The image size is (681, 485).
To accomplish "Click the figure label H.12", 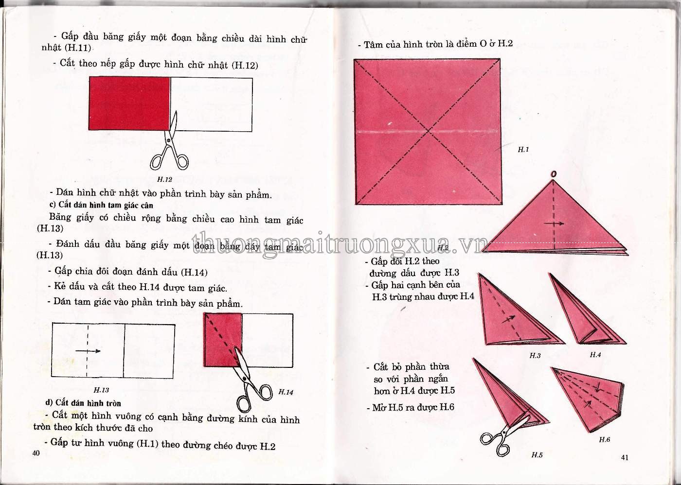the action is [164, 179].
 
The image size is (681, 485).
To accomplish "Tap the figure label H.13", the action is [101, 390].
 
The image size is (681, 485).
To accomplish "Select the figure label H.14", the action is [286, 392].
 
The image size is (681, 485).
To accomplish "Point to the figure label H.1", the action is [523, 149].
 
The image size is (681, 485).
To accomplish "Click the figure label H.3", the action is [535, 356].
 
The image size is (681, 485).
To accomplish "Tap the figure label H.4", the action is [595, 355].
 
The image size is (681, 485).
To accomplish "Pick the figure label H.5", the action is [537, 455].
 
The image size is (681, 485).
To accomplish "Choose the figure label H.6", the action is [604, 439].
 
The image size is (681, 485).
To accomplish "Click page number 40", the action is [36, 453].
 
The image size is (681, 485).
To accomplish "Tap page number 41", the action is [625, 457].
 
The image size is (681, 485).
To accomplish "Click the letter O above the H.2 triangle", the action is [554, 174].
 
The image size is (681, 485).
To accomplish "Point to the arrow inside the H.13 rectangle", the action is [88, 351].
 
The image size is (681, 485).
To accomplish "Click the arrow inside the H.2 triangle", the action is [554, 224].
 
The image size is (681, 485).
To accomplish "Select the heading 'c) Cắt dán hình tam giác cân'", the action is [101, 205].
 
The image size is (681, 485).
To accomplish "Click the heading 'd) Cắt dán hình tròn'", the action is [83, 403].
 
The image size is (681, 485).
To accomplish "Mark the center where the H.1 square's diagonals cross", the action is [429, 131].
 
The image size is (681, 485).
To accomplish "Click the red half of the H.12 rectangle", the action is [129, 103].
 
